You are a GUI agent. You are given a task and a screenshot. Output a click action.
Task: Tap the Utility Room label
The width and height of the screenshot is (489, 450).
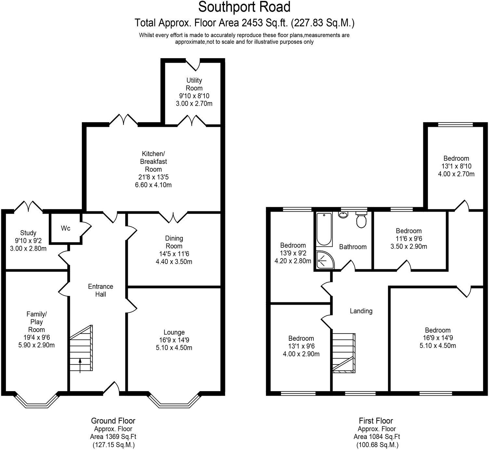pyautogui.click(x=194, y=84)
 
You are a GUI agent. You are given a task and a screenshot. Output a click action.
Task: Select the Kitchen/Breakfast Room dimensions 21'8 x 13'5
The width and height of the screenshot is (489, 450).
pyautogui.click(x=153, y=177)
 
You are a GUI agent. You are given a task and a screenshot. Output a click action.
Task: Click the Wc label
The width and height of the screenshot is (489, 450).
pyautogui.click(x=66, y=228)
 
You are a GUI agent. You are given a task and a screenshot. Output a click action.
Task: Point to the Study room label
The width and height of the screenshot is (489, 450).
pyautogui.click(x=28, y=233)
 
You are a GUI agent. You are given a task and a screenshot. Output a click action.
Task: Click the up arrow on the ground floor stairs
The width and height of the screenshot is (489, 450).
pyautogui.click(x=80, y=364)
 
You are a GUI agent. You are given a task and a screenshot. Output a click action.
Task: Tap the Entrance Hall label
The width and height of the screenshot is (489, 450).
pyautogui.click(x=100, y=290)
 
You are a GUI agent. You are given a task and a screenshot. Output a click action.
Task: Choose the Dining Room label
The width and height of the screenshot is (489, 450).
pyautogui.click(x=174, y=242)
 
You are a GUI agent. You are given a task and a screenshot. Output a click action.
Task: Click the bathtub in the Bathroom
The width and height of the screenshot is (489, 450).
pyautogui.click(x=324, y=229)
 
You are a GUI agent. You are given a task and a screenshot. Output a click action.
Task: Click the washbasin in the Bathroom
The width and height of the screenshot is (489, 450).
pyautogui.click(x=343, y=215)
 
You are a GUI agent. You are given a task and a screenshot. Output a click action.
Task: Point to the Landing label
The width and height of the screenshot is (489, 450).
pyautogui.click(x=361, y=311)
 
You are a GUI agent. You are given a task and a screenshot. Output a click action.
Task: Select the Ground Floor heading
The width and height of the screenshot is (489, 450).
pyautogui.click(x=113, y=421)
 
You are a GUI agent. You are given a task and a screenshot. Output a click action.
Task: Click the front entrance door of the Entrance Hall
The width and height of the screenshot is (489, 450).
pyautogui.click(x=112, y=389)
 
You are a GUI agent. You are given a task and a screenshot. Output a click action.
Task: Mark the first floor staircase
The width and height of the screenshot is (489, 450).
pyautogui.click(x=343, y=353)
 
